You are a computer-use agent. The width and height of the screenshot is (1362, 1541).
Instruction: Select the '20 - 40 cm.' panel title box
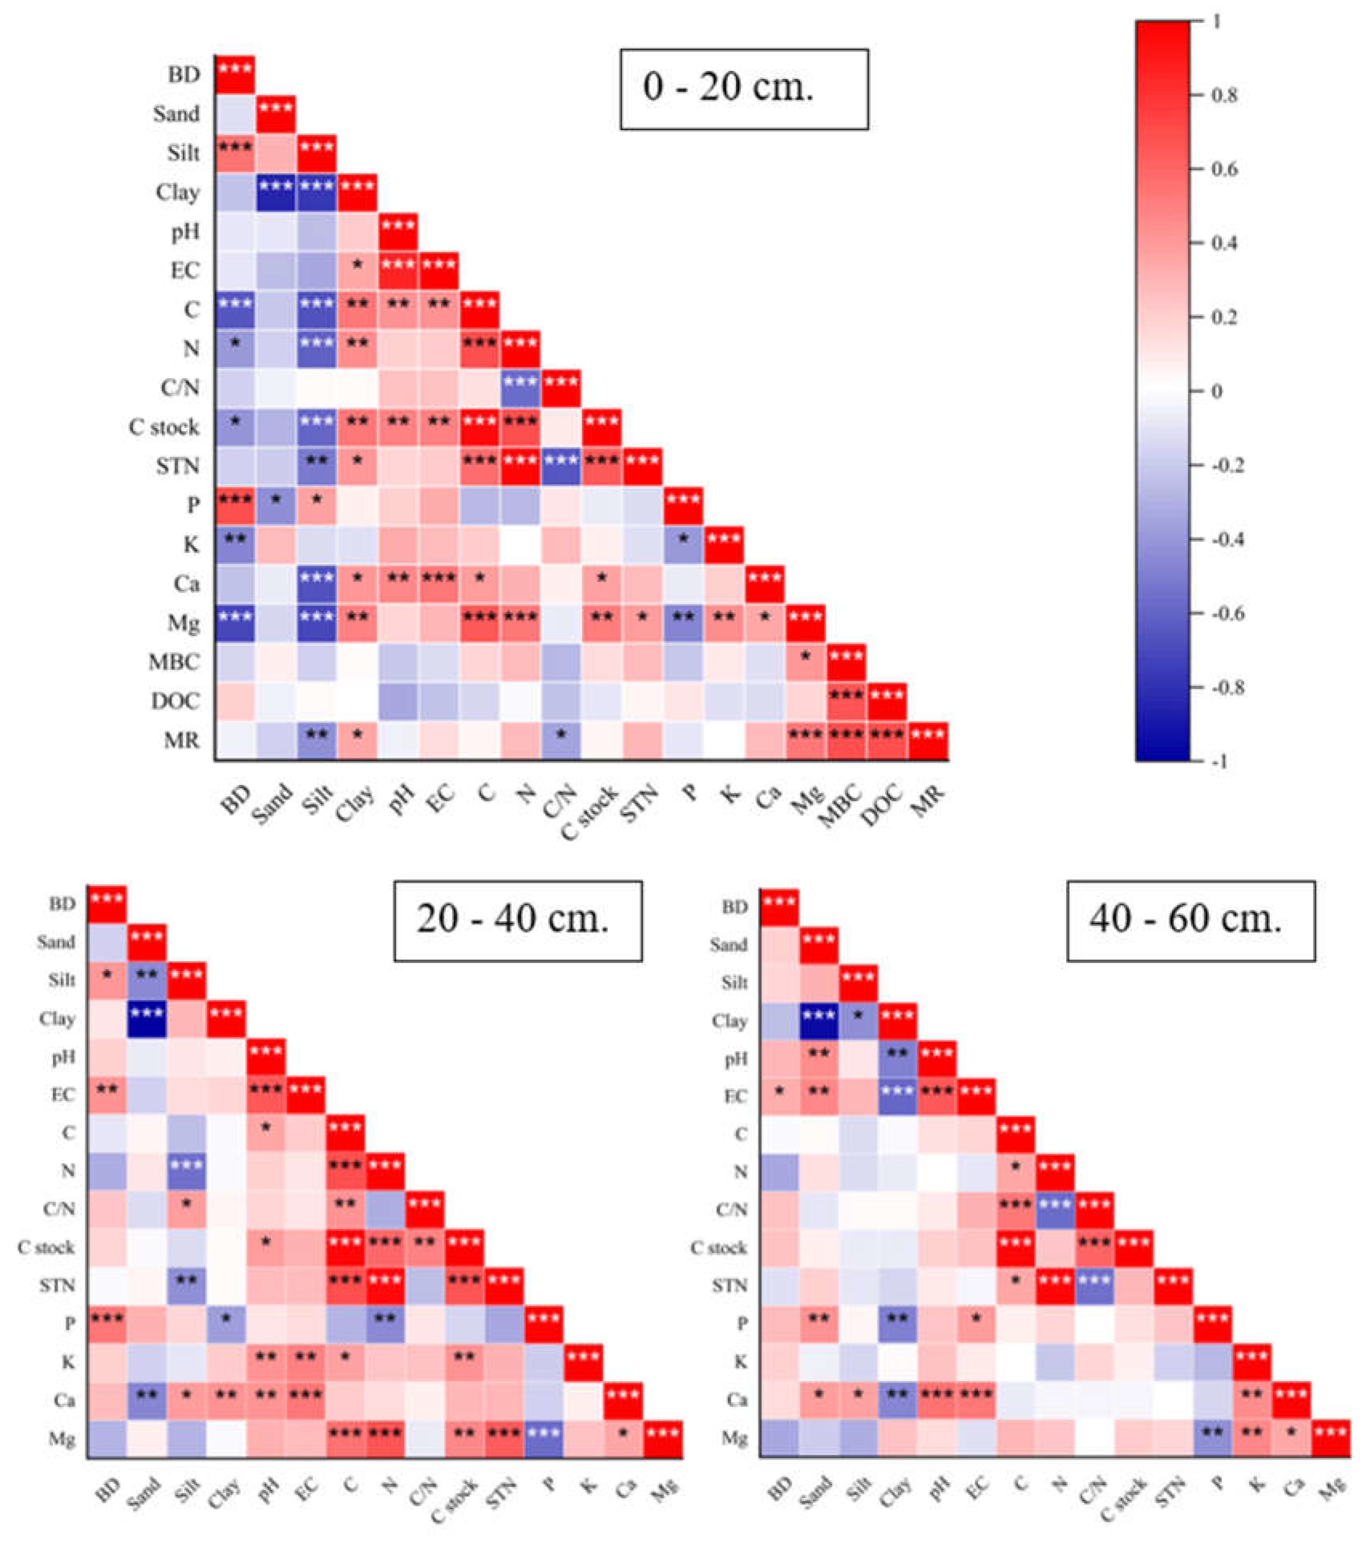pyautogui.click(x=517, y=920)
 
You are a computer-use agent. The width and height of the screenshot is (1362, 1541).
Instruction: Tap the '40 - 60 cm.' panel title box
pyautogui.click(x=1190, y=920)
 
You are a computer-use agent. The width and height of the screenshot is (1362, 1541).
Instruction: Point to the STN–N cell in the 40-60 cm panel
pyautogui.click(x=1054, y=1285)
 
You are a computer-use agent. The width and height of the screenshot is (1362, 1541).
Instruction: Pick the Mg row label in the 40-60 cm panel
pyautogui.click(x=734, y=1438)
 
